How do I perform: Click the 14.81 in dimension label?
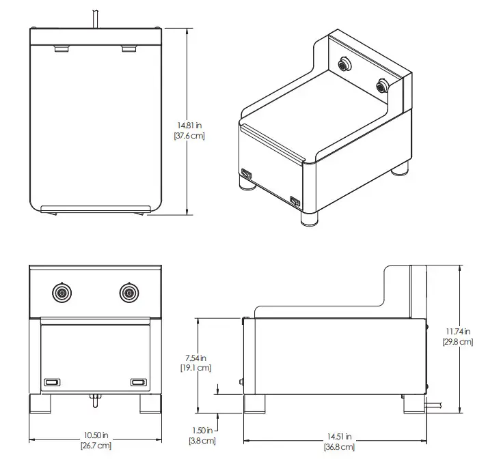click(189, 126)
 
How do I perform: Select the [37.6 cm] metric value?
click(189, 136)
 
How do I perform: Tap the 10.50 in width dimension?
click(96, 436)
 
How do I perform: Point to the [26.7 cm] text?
click(96, 446)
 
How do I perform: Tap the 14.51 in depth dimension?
click(340, 437)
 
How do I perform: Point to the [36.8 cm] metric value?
click(340, 447)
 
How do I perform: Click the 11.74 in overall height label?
click(458, 332)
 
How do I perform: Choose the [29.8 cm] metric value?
click(458, 342)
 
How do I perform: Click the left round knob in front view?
click(62, 293)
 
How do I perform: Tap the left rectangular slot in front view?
click(53, 382)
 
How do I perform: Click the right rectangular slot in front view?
click(138, 382)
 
